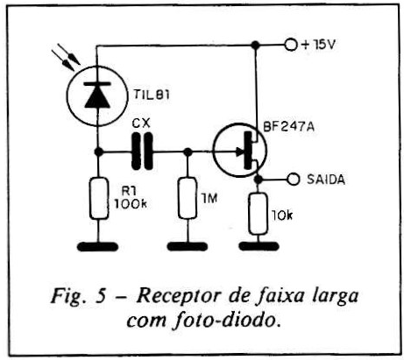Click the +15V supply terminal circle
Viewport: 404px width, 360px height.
[x=291, y=45]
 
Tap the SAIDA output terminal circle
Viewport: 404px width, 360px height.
[x=294, y=179]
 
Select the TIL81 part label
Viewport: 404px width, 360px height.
[x=152, y=95]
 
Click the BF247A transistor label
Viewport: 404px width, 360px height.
[x=288, y=127]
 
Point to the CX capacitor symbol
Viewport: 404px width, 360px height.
[x=142, y=151]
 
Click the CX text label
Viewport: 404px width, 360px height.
[x=141, y=124]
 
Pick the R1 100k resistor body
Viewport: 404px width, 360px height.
[x=99, y=198]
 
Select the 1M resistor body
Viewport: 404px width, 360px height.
[x=188, y=198]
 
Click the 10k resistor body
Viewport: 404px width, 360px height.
[x=259, y=214]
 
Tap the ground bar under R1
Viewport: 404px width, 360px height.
[x=98, y=247]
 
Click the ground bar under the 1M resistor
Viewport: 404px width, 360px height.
[x=188, y=246]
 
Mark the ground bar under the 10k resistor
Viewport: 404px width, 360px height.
[x=259, y=246]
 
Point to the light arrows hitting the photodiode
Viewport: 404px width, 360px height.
[x=66, y=57]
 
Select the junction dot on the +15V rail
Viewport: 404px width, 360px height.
[x=256, y=45]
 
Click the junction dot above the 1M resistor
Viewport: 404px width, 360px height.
[x=188, y=152]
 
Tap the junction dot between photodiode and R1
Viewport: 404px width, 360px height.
[x=99, y=152]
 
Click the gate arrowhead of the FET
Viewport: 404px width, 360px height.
[x=239, y=152]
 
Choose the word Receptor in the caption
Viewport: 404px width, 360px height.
[x=178, y=297]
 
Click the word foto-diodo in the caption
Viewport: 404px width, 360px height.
[x=227, y=321]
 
